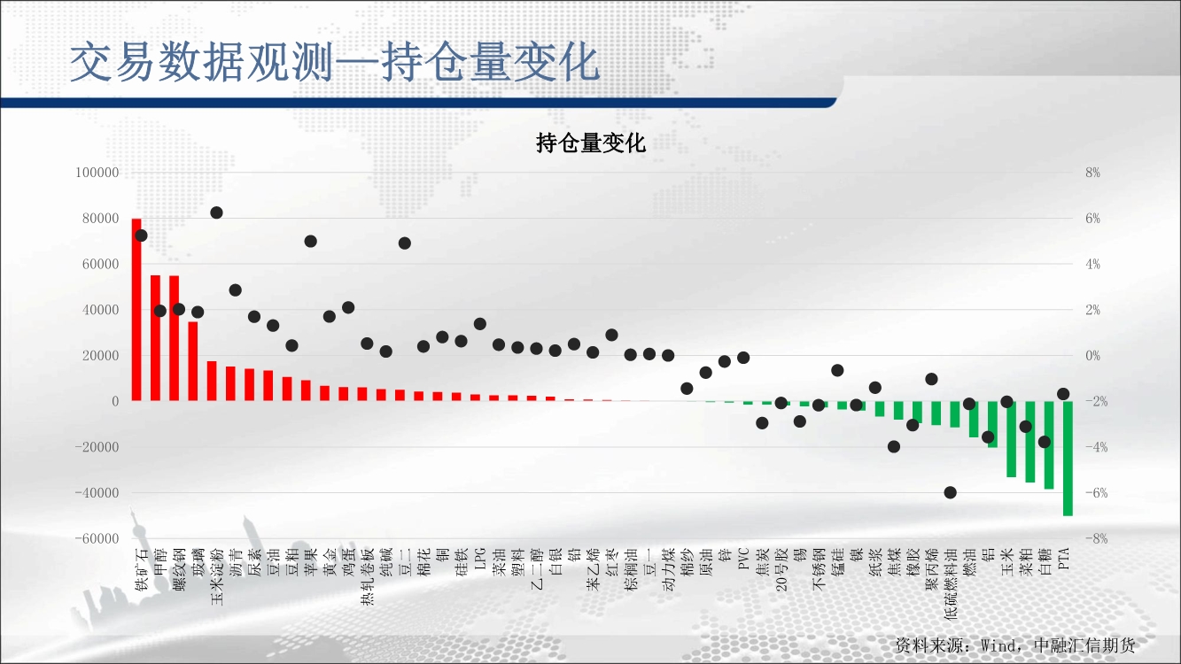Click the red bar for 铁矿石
coord(136,309)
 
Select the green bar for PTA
coord(1068,459)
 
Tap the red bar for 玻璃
coord(193,361)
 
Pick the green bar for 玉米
coord(1011,439)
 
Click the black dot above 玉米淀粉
coord(217,212)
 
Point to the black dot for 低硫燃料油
coord(950,493)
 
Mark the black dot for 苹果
coord(311,242)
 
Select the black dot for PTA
coord(1063,394)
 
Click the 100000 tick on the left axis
coord(97,173)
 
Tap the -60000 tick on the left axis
coord(97,538)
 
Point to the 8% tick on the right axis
coord(1092,173)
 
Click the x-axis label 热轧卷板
coord(368,576)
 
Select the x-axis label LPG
coord(480,560)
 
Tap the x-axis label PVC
coord(743,560)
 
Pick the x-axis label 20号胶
coord(781,569)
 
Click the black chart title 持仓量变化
coord(590,143)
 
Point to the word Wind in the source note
coord(999,645)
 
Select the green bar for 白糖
coord(1049,444)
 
